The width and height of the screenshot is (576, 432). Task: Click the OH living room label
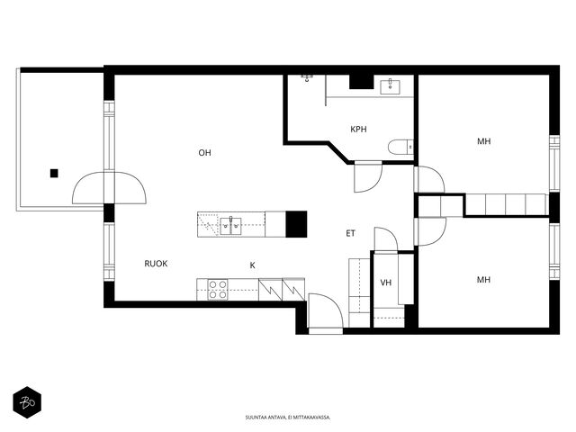click(204, 152)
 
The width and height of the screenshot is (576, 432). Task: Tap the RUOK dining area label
click(156, 264)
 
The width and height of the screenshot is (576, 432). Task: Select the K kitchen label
click(252, 265)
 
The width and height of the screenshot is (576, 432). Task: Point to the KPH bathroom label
click(358, 130)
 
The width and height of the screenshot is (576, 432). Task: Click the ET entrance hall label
click(350, 233)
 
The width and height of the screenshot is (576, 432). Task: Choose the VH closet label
click(386, 283)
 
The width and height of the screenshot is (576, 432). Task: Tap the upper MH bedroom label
click(484, 141)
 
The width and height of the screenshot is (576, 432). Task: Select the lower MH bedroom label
click(483, 280)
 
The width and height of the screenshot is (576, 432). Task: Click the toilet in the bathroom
click(400, 147)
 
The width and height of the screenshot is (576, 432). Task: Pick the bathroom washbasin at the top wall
click(390, 86)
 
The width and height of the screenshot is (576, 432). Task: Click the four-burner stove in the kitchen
click(218, 290)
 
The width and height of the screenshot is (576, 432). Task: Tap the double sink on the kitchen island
click(230, 226)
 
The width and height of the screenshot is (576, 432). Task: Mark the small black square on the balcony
click(54, 174)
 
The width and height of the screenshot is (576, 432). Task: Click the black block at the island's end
click(296, 224)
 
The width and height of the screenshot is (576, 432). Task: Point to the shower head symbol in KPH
click(307, 78)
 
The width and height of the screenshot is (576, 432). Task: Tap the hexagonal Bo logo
click(27, 402)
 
